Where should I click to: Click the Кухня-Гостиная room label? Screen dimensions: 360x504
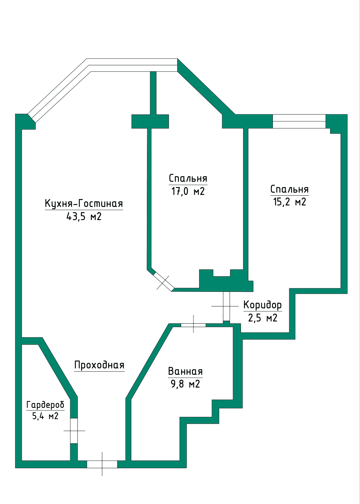coord(84,204)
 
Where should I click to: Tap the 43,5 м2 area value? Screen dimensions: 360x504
coord(84,217)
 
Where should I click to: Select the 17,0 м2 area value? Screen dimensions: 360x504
coord(188,192)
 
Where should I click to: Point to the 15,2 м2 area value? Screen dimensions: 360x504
coord(290,202)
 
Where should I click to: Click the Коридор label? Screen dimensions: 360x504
coord(263,305)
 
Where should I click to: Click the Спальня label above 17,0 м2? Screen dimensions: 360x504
coord(188,179)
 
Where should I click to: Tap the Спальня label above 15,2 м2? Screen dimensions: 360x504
coord(290,189)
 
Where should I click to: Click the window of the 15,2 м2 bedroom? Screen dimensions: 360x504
coord(299,121)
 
